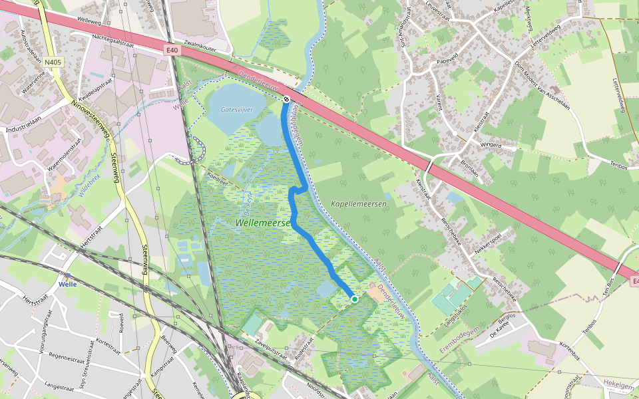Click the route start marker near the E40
(x=286, y=99)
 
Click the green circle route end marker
(x=355, y=299)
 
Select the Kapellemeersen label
(x=358, y=203)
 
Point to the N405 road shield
(x=53, y=63)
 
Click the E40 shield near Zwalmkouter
(x=173, y=49)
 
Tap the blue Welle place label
(x=69, y=284)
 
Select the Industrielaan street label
(x=23, y=128)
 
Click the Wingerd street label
(x=491, y=144)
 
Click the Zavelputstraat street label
(x=265, y=348)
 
